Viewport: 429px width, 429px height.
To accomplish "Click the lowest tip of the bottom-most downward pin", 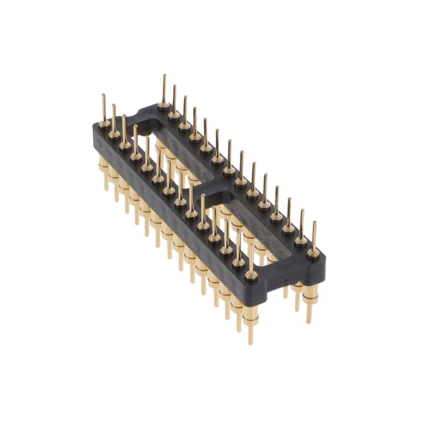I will point(250,342).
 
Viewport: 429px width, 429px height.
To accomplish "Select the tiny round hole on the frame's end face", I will point(286,280).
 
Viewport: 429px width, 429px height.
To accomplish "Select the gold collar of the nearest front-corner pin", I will point(250,275).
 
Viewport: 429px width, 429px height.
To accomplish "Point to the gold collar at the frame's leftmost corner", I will point(104,124).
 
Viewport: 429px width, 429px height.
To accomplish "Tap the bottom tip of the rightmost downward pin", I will point(309,322).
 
